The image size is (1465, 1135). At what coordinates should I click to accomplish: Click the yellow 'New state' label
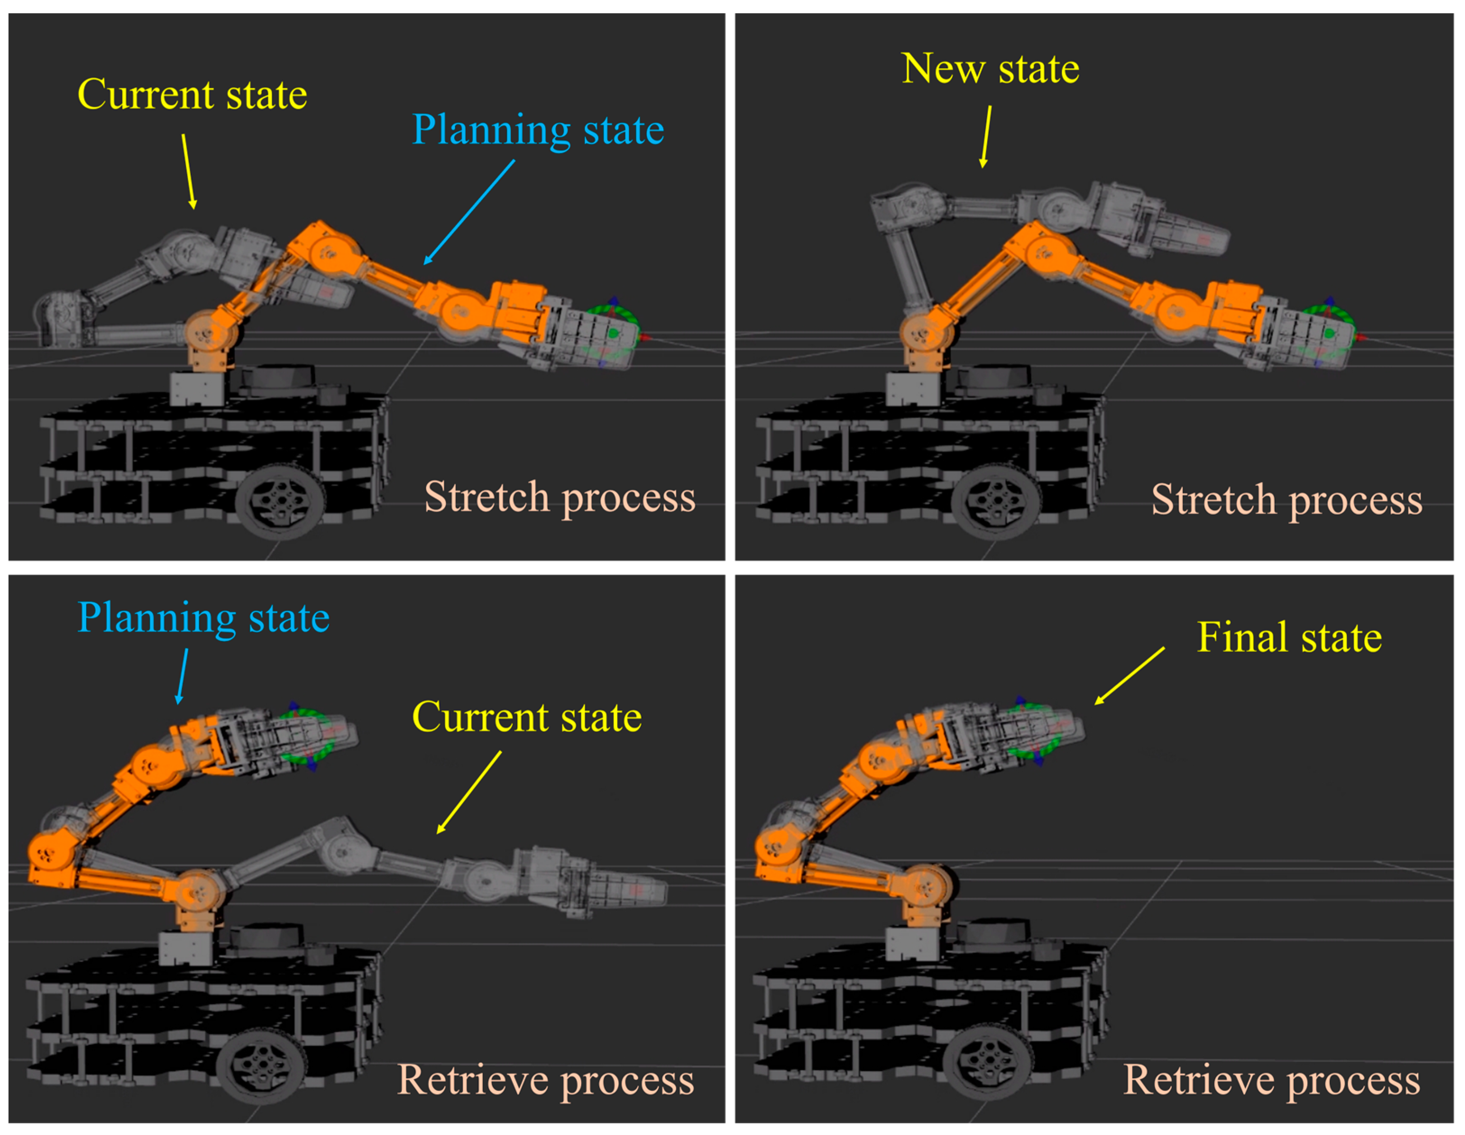point(990,69)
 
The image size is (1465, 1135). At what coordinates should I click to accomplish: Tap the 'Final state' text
point(1289,637)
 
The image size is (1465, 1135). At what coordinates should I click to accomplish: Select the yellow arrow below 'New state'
point(986,136)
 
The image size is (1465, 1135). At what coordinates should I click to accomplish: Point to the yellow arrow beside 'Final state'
point(1130,676)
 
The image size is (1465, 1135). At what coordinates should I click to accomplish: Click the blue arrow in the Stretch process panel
point(469,212)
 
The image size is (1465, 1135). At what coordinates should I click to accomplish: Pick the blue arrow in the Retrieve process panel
point(182,676)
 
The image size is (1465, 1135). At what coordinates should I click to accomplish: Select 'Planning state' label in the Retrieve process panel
point(203,618)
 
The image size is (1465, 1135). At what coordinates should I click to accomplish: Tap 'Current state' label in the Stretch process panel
point(193,95)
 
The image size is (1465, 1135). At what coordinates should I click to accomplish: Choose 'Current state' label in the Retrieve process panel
point(527,717)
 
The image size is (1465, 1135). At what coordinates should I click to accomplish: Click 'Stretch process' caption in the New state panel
point(1286,500)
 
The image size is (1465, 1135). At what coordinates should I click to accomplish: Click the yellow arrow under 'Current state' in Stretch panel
point(188,171)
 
